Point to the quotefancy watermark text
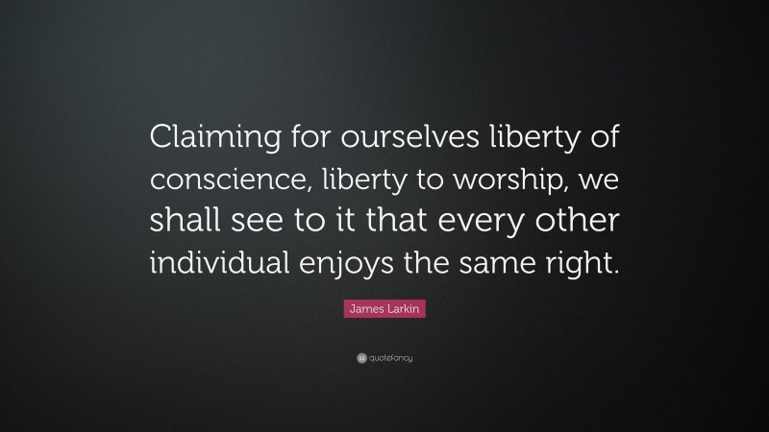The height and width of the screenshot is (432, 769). [x=390, y=357]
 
